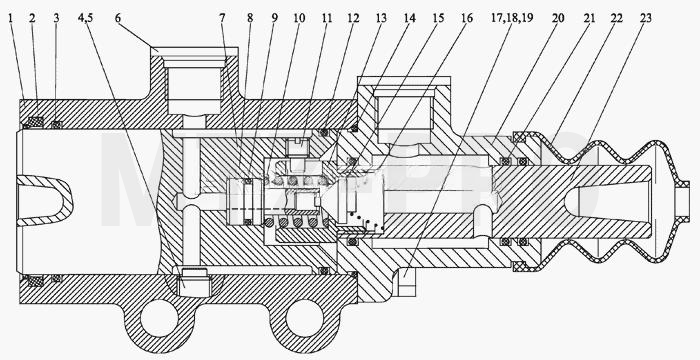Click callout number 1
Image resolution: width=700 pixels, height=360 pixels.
coord(10,18)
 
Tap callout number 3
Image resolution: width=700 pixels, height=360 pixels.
coord(56,18)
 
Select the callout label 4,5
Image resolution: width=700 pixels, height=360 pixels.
coord(85,18)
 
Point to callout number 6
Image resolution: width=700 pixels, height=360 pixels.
coord(117,18)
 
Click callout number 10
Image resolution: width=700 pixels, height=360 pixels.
coord(299,18)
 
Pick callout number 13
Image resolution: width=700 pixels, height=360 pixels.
coord(381,18)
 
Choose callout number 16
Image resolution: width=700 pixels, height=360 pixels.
coord(467,18)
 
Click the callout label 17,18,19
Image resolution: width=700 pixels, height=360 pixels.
coord(512,18)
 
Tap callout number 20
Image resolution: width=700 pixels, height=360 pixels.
coord(558,18)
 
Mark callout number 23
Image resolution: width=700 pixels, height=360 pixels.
coord(646,18)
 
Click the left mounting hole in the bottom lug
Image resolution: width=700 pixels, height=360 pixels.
coord(159,318)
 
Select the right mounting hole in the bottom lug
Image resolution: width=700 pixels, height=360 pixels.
coord(304,318)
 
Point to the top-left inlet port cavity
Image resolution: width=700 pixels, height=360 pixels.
coord(194,88)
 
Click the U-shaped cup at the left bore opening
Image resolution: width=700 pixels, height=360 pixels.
coord(46,201)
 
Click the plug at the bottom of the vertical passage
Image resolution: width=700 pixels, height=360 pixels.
coord(195,282)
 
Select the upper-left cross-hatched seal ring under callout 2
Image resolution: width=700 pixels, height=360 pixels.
coord(35,121)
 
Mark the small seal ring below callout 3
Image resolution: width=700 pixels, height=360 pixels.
coord(56,125)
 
